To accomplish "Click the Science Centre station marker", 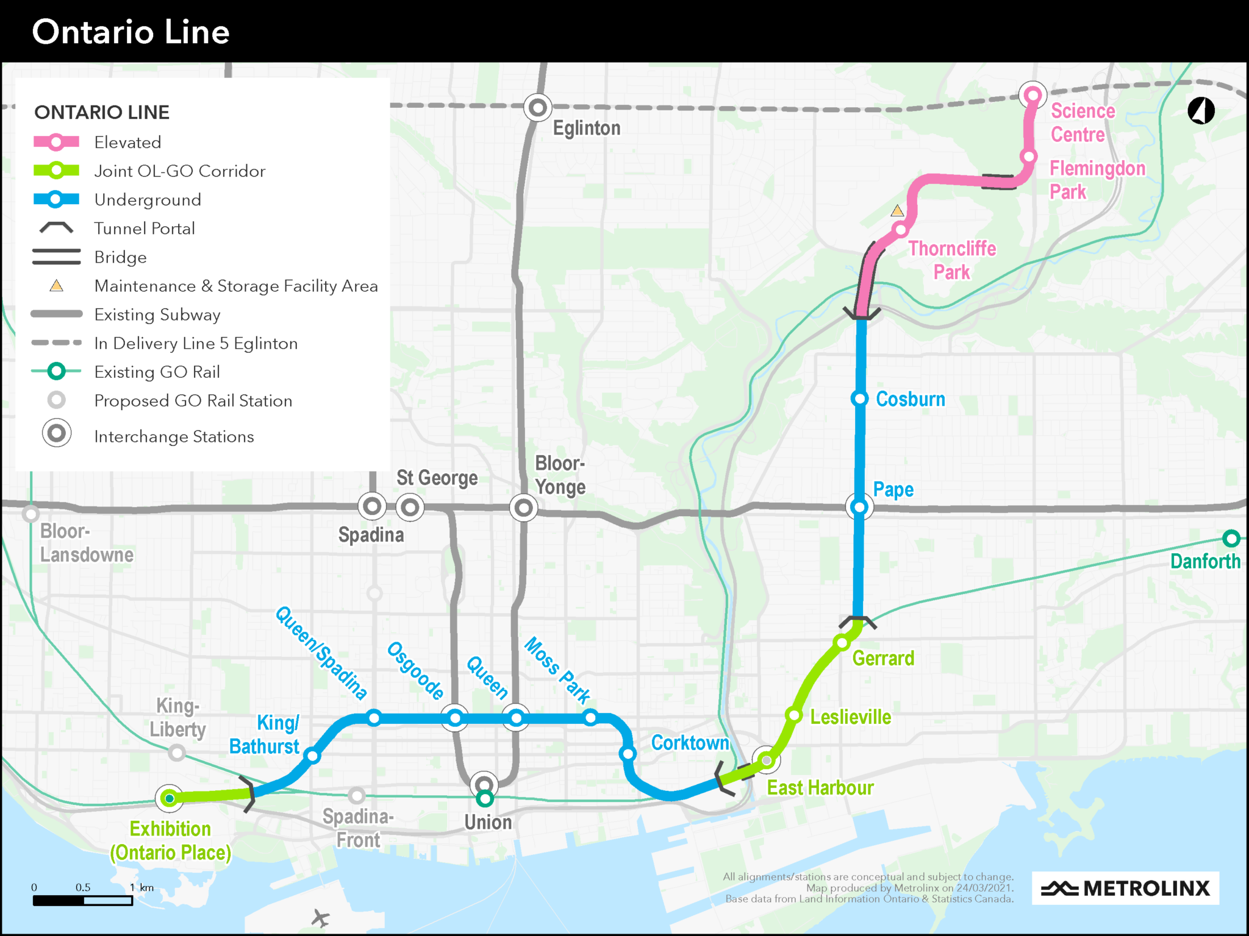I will coord(1032,95).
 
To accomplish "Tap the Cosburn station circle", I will coord(859,399).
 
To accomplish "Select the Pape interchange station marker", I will coord(859,506).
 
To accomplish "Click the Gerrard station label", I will coord(882,658).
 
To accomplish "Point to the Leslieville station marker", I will coord(793,715).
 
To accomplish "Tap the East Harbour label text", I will coord(820,788).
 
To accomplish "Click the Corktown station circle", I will coord(628,754).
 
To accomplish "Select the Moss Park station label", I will coord(557,670).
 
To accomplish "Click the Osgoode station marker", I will coord(455,718).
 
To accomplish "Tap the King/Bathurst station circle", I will coord(312,756).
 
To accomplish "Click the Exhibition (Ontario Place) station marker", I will coord(170,798).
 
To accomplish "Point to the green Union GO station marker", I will coord(484,798).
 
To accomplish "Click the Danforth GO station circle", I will coord(1231,539).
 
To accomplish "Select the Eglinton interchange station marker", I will coord(537,108).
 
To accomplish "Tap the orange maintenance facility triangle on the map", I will coord(897,211).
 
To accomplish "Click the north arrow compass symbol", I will coord(1201,111).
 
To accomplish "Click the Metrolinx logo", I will coord(1125,888).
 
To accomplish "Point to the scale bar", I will coord(83,900).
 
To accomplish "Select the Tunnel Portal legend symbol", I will coord(56,229).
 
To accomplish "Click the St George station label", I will coord(437,478).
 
